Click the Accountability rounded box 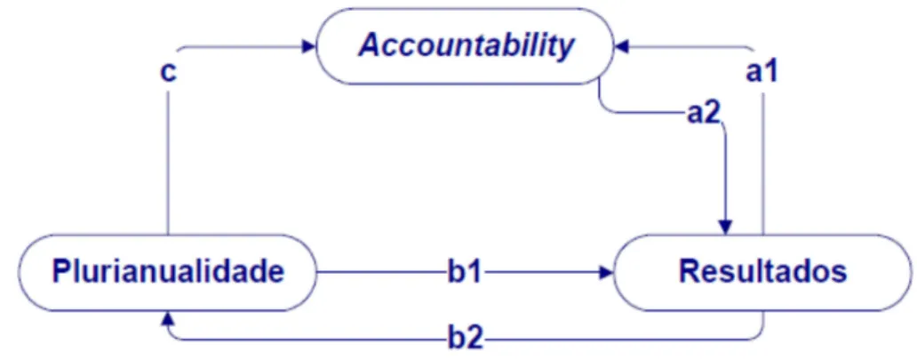465,46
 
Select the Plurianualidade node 168,273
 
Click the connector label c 168,75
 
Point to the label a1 761,73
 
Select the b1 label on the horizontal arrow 465,272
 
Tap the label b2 465,340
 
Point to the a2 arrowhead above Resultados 726,228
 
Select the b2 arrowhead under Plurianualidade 169,318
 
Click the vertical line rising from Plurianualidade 168,160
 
